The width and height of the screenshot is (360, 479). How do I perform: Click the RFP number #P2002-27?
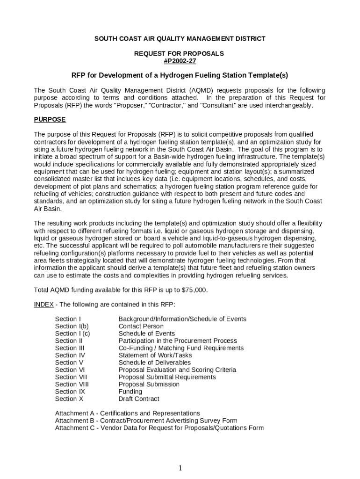[180, 61]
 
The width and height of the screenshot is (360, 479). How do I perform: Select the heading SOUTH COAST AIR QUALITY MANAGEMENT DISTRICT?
[180, 39]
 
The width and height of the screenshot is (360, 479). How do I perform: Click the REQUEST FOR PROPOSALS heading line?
[180, 54]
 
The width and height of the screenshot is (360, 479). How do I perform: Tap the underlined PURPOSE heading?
[50, 120]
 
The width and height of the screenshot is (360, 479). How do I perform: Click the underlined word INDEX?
[43, 305]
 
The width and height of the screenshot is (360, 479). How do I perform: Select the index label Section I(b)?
[72, 327]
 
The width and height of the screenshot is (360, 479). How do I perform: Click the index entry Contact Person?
[141, 327]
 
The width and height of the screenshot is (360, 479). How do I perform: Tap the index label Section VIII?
[72, 385]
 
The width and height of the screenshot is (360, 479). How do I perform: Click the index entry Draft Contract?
[139, 399]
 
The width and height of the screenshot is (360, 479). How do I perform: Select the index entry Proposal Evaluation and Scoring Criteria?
[177, 370]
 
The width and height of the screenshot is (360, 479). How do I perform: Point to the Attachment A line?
[127, 414]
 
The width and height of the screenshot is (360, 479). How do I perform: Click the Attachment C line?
[159, 428]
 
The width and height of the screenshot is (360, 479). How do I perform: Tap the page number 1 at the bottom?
[180, 468]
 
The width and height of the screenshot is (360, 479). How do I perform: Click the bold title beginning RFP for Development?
[180, 76]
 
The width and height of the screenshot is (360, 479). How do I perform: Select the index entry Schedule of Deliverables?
[154, 363]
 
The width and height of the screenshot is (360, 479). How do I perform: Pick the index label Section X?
[69, 399]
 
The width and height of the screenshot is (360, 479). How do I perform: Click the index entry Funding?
[130, 392]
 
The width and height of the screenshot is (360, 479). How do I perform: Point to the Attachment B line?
[146, 421]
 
